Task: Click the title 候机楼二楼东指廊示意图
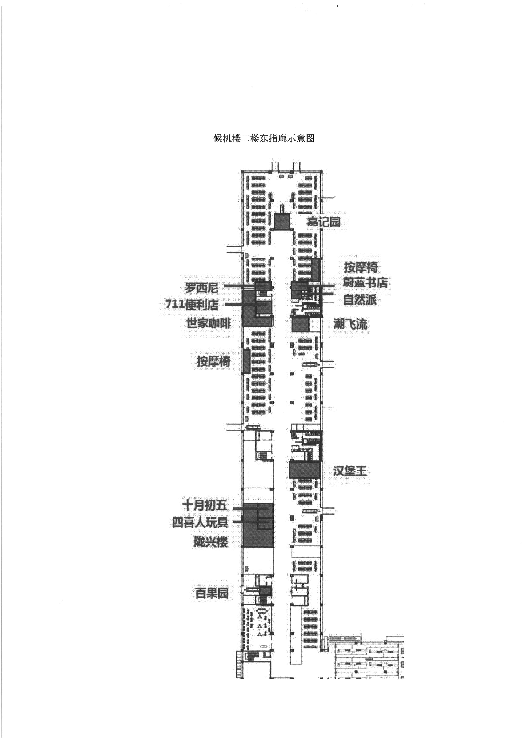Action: click(x=264, y=138)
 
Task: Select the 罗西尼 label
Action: click(x=201, y=288)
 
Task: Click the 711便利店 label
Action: click(x=192, y=304)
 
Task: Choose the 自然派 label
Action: click(x=360, y=300)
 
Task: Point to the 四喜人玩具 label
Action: click(x=200, y=522)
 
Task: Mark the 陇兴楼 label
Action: click(x=211, y=542)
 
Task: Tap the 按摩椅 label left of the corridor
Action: click(x=214, y=362)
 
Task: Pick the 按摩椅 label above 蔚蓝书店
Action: click(x=361, y=267)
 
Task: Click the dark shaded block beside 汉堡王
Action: click(x=305, y=470)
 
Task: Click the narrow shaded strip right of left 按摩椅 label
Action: click(x=246, y=361)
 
